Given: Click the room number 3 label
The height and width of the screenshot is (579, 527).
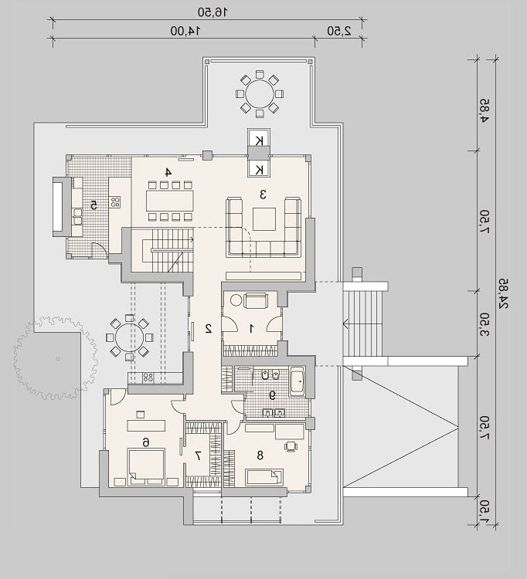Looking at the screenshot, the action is [263, 195].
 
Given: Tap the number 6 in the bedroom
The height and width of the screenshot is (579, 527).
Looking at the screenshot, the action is [146, 442].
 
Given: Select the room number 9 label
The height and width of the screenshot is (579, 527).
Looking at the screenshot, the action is [272, 395].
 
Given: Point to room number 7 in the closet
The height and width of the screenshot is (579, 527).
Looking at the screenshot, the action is [198, 455].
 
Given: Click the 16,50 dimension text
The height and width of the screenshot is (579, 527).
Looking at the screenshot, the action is [212, 12].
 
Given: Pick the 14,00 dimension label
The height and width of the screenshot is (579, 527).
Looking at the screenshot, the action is [185, 31].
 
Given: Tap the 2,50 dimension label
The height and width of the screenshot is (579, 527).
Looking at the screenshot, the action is [339, 31].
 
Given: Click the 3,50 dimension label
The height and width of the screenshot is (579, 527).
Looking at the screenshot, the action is [484, 324].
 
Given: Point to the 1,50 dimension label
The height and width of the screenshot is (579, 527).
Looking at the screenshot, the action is [484, 511].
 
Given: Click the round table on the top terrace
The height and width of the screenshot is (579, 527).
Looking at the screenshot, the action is [260, 93].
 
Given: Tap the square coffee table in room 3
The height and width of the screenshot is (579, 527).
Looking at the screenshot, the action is [264, 219].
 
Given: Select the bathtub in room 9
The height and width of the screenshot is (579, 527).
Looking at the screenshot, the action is [297, 381].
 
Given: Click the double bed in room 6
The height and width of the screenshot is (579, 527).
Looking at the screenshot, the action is [146, 467].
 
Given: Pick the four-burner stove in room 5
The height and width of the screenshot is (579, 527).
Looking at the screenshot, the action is [115, 202].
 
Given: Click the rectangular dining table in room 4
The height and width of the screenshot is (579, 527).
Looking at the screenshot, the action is [170, 201].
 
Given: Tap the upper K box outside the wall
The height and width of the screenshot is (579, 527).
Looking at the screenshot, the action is [259, 140].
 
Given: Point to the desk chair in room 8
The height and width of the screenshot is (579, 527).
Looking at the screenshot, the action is [291, 446].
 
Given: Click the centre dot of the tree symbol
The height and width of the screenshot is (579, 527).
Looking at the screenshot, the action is [58, 358].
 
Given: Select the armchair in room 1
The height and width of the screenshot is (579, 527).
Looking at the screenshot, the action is [255, 300].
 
